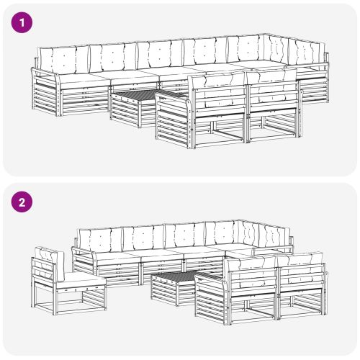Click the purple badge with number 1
[22, 22]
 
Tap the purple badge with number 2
[22, 202]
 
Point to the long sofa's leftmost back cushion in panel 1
[64, 60]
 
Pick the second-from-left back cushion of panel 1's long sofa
[113, 58]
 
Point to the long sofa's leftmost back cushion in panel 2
[101, 239]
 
